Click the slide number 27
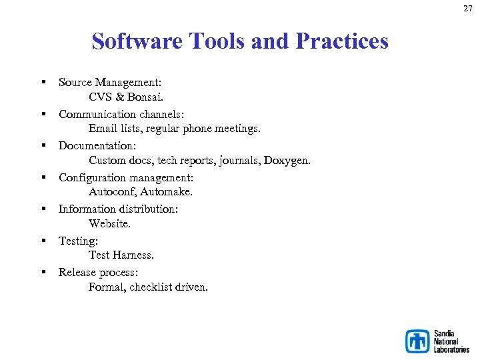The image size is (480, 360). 468,9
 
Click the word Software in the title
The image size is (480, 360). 138,41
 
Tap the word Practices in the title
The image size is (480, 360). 341,41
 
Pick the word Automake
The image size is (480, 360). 167,192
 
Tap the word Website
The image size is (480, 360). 109,224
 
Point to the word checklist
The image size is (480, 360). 152,287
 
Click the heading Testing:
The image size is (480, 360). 77,241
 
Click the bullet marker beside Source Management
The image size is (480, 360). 42,81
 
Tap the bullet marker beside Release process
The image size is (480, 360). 42,271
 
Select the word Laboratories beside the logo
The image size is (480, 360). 451,349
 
